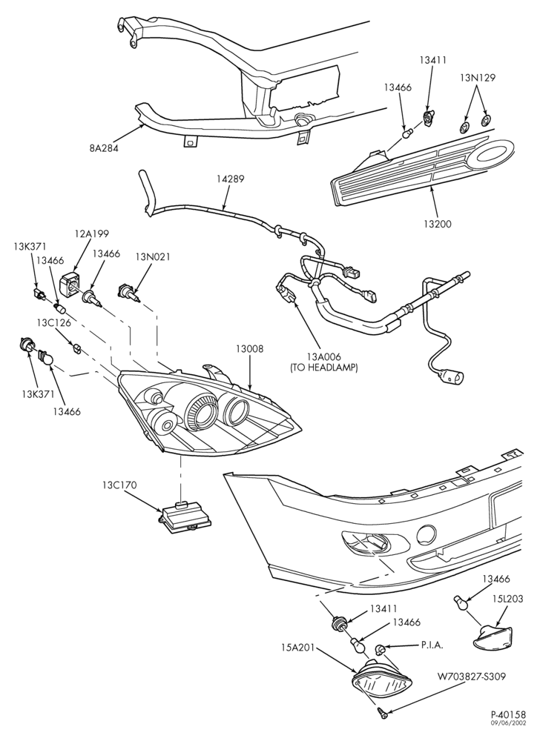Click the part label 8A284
point(104,148)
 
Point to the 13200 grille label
point(438,224)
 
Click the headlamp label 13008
point(249,349)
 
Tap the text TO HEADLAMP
point(323,367)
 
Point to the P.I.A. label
point(432,645)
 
